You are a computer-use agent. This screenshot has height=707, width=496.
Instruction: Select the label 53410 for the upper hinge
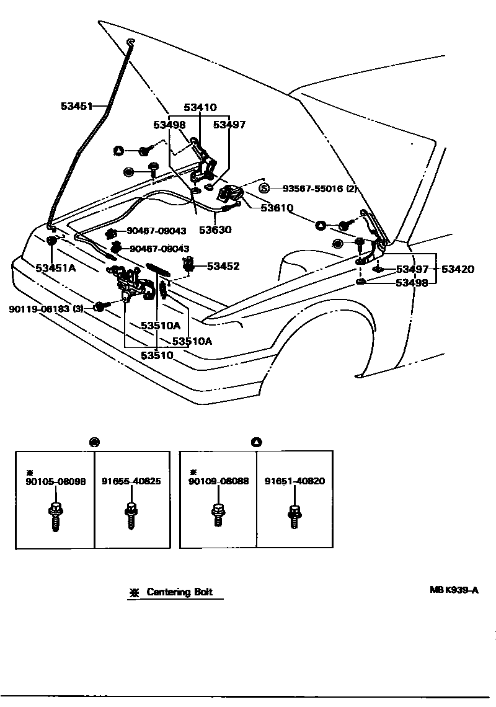point(200,107)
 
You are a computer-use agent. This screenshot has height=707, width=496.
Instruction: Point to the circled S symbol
point(264,189)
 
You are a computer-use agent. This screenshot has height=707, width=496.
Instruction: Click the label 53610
point(277,208)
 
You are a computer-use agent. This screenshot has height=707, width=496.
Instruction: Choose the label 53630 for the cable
point(215,229)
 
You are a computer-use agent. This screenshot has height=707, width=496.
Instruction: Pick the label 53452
point(223,266)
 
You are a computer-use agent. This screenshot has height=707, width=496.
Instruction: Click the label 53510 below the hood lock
point(157,355)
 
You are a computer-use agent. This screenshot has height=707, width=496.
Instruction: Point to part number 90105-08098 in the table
point(55,481)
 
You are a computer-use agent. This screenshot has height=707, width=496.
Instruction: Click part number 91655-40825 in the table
point(131,481)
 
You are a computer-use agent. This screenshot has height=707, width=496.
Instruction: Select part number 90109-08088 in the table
point(218,481)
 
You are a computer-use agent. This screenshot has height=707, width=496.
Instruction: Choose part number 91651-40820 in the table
point(294,481)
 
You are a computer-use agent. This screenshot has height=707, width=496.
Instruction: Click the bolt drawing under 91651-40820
point(295,515)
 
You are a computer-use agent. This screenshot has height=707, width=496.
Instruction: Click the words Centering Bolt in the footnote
point(179,592)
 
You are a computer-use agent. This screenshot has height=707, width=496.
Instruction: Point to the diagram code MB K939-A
point(454,590)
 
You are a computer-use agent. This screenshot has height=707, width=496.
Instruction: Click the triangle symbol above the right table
point(257,442)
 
